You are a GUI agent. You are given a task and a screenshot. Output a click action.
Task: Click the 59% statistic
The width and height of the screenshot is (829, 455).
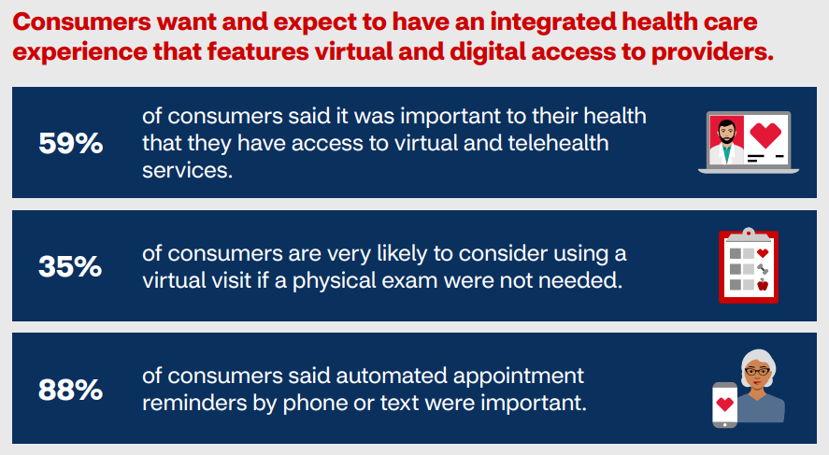(x=71, y=143)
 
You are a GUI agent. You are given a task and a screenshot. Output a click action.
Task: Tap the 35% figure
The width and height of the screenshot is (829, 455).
(x=70, y=266)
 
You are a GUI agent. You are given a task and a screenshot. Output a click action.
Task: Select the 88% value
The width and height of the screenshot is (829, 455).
(x=70, y=390)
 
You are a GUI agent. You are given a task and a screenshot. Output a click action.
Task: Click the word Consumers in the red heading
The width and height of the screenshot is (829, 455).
(x=82, y=22)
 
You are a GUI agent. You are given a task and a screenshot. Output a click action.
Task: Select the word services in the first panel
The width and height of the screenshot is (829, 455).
(x=187, y=170)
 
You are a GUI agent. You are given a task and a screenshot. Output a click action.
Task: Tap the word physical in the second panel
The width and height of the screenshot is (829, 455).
(x=335, y=280)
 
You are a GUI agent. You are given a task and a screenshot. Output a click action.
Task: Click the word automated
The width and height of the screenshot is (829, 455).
(x=392, y=376)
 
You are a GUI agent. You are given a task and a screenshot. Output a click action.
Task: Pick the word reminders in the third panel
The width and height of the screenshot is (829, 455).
(x=194, y=404)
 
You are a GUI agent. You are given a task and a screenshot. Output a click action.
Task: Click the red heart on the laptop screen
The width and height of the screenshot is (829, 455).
(x=765, y=135)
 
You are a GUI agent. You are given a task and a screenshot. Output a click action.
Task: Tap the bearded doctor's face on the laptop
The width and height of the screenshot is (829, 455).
(x=727, y=132)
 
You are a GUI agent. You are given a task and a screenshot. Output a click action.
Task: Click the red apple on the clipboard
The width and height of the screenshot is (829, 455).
(x=763, y=285)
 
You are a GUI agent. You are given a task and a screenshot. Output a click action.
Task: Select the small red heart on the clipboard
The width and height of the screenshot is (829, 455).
(x=763, y=253)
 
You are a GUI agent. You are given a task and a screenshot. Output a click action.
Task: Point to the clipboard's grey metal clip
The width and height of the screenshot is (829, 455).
(x=748, y=235)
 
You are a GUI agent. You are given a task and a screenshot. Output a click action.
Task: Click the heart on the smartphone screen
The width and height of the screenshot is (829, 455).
(x=725, y=405)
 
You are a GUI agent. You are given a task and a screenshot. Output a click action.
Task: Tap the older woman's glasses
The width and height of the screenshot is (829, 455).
(x=757, y=372)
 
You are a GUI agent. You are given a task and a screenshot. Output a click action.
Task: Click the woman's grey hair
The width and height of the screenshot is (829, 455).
(x=759, y=361)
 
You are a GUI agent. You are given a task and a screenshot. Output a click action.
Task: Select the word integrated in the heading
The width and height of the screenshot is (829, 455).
(x=552, y=22)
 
